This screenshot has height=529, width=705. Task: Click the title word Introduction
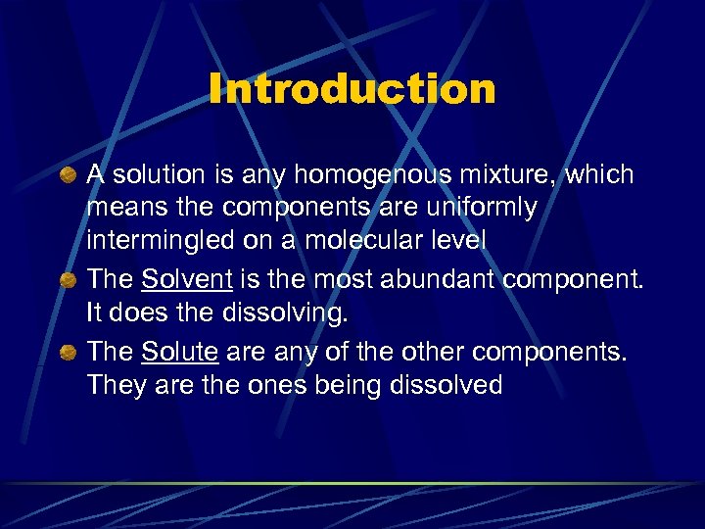pyautogui.click(x=352, y=90)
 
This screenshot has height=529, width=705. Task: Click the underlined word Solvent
pyautogui.click(x=186, y=280)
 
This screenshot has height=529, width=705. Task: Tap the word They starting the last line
pyautogui.click(x=114, y=386)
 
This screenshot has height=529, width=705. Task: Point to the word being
pyautogui.click(x=347, y=386)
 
